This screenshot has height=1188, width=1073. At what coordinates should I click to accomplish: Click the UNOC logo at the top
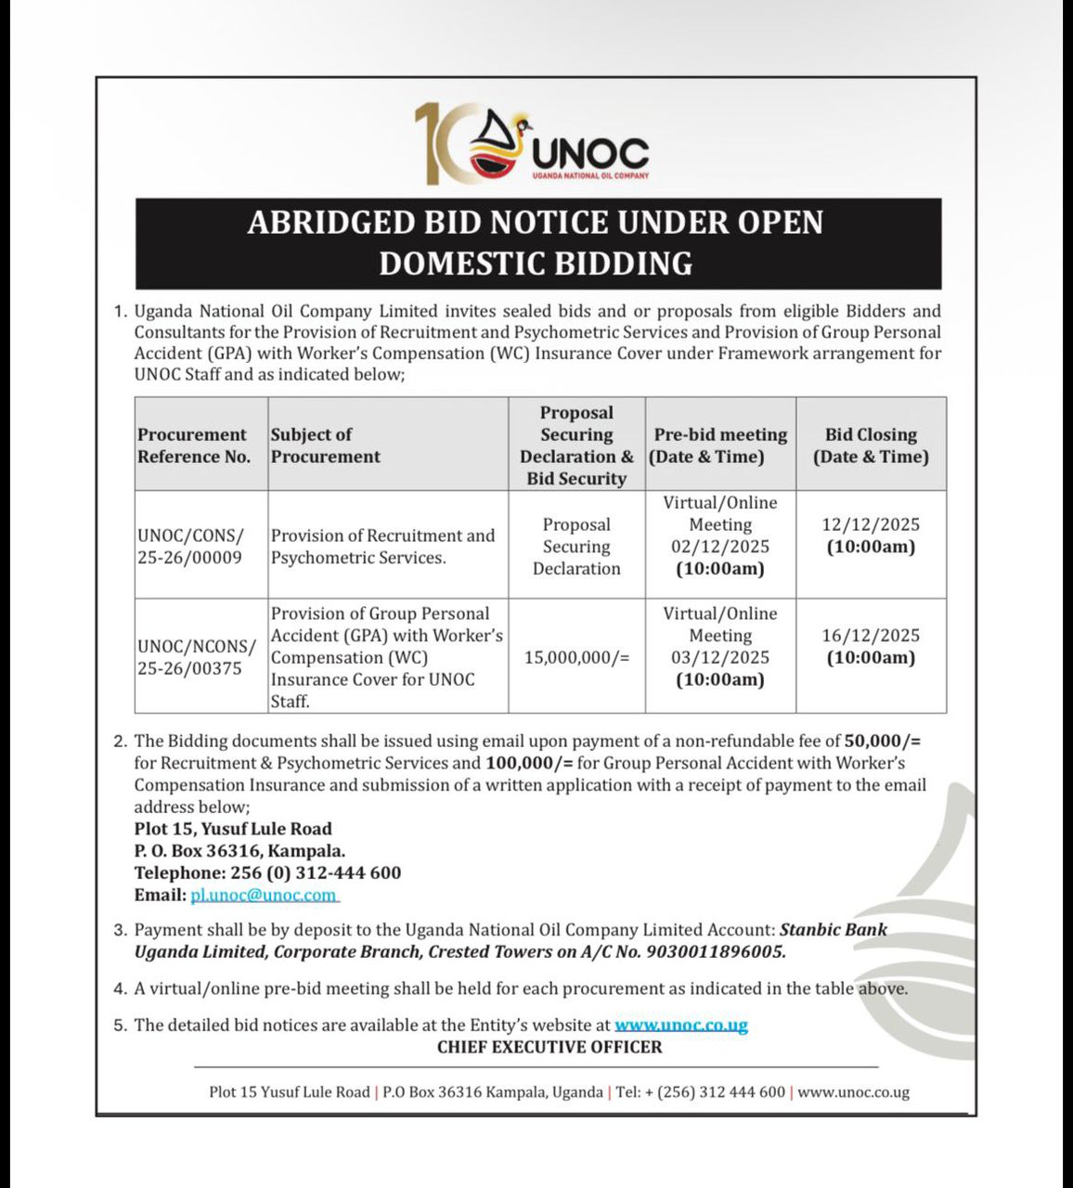point(532,144)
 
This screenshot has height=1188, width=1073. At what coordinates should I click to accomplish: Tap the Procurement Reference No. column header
point(193,445)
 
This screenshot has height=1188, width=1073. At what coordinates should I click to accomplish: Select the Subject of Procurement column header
point(325,445)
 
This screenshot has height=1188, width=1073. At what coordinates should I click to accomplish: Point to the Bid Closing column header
point(871,445)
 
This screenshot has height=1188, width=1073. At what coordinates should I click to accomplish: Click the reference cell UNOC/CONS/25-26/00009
point(191,547)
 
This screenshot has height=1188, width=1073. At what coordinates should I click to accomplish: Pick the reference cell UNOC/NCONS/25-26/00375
point(195,657)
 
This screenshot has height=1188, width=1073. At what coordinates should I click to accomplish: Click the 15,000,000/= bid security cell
point(576,657)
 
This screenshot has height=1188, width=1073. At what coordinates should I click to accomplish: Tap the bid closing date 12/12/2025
point(870,524)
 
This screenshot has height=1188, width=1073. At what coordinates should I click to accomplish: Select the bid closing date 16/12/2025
point(870,636)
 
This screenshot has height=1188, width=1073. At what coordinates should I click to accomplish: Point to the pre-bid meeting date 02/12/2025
point(720,547)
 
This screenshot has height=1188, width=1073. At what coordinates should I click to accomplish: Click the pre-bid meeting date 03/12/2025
point(720,657)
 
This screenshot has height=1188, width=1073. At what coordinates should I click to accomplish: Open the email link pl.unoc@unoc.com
point(264,895)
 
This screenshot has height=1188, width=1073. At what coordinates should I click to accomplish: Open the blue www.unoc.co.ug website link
point(681,1025)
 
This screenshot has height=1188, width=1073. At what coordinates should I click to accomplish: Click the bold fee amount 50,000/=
point(882,741)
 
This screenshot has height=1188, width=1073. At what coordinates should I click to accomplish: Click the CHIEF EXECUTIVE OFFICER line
point(549,1047)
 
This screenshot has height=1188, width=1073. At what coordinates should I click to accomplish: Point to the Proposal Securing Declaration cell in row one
point(576,547)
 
